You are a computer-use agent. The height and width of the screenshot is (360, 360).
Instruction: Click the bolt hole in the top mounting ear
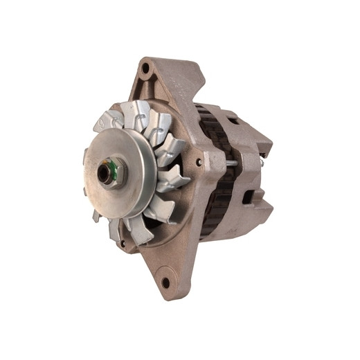pyautogui.click(x=145, y=69)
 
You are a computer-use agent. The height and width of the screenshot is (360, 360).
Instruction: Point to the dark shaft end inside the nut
pyautogui.click(x=109, y=171)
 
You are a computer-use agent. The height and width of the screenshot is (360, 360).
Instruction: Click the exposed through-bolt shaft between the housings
pyautogui.click(x=228, y=163)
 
